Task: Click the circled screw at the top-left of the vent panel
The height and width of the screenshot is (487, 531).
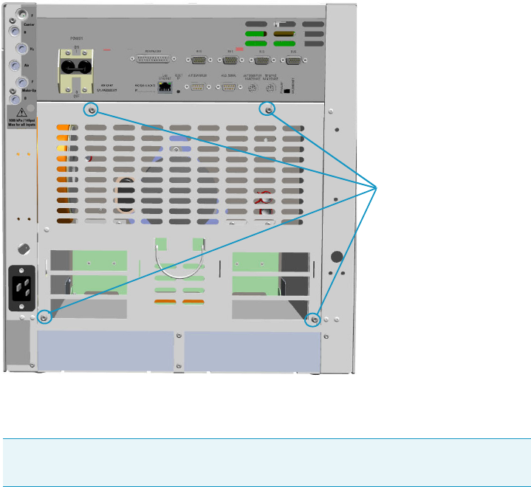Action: point(92,110)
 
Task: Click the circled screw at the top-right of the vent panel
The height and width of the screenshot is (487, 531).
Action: point(269,110)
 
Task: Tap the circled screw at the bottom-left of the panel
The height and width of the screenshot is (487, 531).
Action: point(44,317)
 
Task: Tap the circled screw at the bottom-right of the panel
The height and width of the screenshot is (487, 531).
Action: point(315,320)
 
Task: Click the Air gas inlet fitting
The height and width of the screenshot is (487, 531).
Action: point(13,66)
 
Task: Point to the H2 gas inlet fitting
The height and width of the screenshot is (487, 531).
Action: point(13,47)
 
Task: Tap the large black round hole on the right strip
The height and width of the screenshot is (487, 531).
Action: point(337,257)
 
